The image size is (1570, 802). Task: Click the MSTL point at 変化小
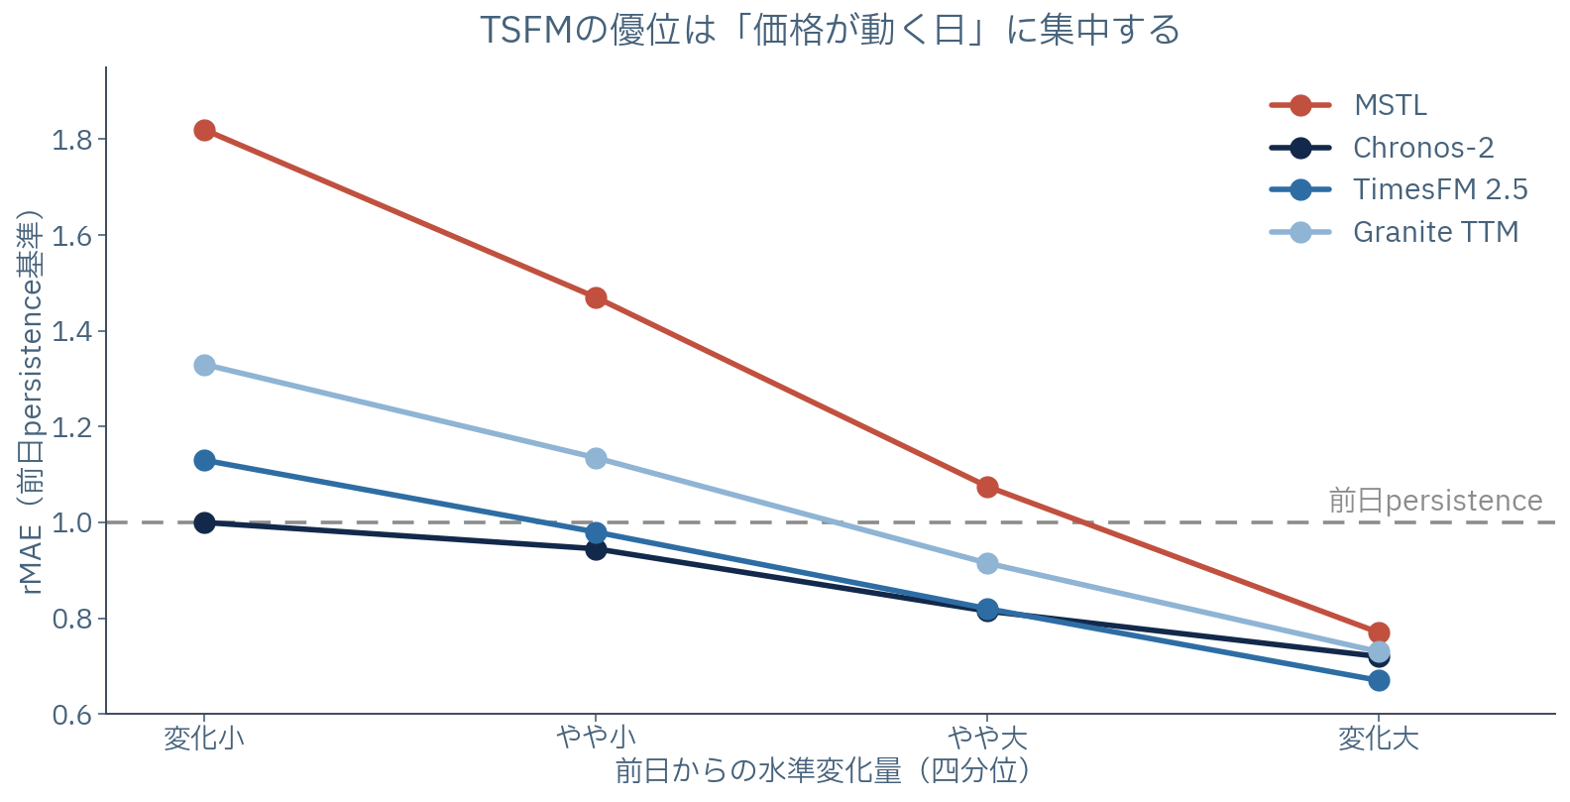point(204,131)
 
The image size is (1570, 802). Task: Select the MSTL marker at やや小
point(596,298)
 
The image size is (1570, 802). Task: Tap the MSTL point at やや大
point(987,487)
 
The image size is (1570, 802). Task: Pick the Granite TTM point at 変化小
point(204,365)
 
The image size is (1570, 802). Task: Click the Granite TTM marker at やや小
point(596,458)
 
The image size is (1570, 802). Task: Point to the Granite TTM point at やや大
point(987,564)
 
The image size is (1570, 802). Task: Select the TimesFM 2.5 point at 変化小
point(204,461)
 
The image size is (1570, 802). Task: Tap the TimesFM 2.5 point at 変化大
point(1379,681)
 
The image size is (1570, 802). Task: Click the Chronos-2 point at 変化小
point(204,523)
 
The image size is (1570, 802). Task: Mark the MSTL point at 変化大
point(1379,632)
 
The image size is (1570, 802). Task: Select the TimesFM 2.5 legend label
point(1440,189)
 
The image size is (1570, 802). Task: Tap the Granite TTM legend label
point(1436,232)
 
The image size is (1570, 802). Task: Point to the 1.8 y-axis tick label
point(72,140)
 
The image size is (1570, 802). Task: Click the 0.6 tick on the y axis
point(72,715)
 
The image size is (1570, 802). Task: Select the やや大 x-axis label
point(987,739)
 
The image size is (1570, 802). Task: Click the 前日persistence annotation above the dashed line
point(1435,501)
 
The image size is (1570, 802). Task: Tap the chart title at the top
point(830,30)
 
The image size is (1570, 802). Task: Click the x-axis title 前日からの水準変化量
point(758,771)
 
